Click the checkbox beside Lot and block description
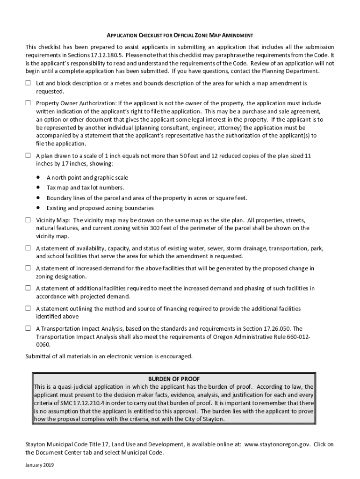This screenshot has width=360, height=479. click(28, 83)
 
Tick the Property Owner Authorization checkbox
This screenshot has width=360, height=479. click(28, 103)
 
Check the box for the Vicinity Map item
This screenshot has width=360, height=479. click(28, 219)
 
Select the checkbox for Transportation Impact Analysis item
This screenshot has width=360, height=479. click(28, 328)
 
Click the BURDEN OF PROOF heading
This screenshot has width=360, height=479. click(174, 378)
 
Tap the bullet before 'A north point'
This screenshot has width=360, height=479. click(38, 178)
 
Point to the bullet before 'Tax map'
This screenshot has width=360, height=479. click(38, 188)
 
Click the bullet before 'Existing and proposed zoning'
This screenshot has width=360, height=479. click(38, 208)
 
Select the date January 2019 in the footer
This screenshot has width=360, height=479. click(41, 466)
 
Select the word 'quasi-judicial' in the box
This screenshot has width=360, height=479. click(76, 387)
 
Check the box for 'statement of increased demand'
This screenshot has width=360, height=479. click(28, 269)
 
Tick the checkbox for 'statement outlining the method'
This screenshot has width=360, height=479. click(28, 309)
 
